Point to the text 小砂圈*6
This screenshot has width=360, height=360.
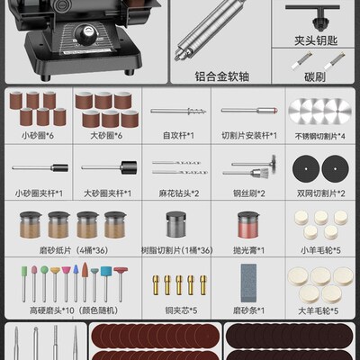pyautogui.click(x=38, y=136)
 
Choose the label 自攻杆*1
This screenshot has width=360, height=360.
pyautogui.click(x=177, y=136)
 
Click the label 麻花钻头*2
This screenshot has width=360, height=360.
pyautogui.click(x=177, y=193)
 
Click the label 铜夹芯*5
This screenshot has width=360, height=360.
pyautogui.click(x=177, y=310)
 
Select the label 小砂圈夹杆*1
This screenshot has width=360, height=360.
pyautogui.click(x=38, y=193)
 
